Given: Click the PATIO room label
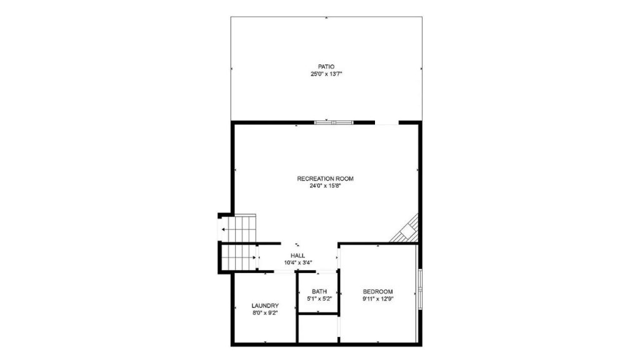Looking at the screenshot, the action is click(x=326, y=66).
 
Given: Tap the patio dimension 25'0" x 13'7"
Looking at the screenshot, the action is click(x=326, y=74).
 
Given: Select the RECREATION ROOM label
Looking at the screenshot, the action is click(x=325, y=178).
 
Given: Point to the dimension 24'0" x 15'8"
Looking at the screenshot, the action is click(x=325, y=186).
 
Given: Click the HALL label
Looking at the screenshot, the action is click(x=298, y=256).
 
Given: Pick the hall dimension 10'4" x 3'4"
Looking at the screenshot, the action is click(x=298, y=263).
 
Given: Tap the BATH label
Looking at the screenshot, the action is click(x=319, y=291).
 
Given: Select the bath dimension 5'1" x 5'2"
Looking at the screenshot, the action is click(x=319, y=299).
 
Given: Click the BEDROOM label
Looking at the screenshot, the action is click(x=378, y=291).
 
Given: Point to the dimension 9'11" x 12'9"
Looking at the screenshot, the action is click(x=378, y=299).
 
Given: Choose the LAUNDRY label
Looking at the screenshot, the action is click(x=265, y=305).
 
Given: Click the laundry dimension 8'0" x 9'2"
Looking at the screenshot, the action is click(x=265, y=312).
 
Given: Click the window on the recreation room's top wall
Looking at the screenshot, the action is click(x=334, y=122).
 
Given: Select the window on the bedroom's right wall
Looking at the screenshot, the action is click(x=420, y=289).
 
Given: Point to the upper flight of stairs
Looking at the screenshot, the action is click(x=238, y=229).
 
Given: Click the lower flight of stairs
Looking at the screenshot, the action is click(x=239, y=257).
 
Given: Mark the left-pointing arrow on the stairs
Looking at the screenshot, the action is click(x=225, y=229).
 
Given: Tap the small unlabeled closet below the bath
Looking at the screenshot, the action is click(x=318, y=329).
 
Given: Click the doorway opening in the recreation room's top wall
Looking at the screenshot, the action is click(x=386, y=122).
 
